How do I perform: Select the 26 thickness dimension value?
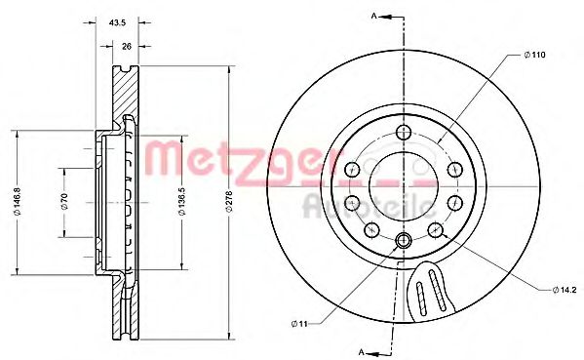pos(127,46)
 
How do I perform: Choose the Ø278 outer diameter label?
pos(229,202)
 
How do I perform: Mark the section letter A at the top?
pos(373,16)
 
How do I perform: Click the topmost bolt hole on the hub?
pos(404,134)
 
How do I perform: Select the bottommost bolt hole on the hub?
pos(404,239)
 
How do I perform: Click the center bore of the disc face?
pos(404,185)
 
